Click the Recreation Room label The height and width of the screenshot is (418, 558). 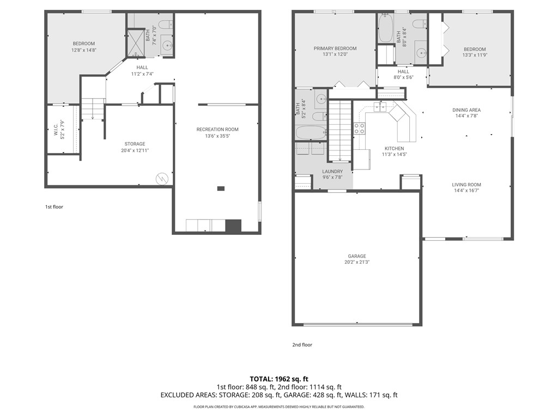(x=217, y=129)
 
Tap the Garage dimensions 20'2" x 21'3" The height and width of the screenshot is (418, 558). (x=357, y=262)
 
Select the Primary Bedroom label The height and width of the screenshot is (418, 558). (x=335, y=49)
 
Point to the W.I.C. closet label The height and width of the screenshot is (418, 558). (x=56, y=129)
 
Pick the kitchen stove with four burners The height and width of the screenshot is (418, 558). (x=360, y=129)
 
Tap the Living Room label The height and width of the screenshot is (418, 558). (x=466, y=185)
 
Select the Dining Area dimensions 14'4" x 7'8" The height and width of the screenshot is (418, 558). (x=466, y=116)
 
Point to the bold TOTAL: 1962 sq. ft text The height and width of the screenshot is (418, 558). (x=279, y=378)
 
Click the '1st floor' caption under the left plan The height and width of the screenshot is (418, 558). (x=54, y=207)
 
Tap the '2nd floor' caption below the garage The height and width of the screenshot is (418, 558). (x=302, y=344)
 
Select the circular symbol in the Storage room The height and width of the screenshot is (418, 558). (x=162, y=179)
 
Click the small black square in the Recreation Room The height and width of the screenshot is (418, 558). (x=221, y=189)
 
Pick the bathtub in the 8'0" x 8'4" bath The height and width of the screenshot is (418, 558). (x=386, y=27)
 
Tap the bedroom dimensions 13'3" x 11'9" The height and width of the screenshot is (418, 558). (x=474, y=54)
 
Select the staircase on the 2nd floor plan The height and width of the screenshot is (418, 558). (x=340, y=131)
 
